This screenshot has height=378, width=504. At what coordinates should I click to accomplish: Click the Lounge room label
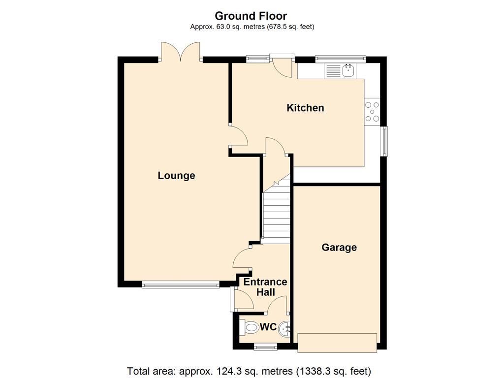pos(176,176)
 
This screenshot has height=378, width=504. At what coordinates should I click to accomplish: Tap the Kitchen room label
pos(305,108)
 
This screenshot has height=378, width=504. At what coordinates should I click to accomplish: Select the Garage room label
pos(339,248)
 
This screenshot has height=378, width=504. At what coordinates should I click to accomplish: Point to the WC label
pos(268,327)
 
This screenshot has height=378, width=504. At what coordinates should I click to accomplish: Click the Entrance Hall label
pos(265,287)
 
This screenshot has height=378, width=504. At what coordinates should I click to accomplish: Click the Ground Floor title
pos(252,16)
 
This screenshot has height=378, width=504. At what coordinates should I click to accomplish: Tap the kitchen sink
pos(348,70)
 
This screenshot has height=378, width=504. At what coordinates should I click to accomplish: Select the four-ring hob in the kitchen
pos(372,111)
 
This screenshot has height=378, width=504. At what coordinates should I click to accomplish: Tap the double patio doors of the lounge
pos(181,51)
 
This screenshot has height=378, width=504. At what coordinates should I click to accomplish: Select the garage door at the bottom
pos(338,343)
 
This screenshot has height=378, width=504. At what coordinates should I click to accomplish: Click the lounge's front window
pos(180,284)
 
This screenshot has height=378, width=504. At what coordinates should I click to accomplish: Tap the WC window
pos(265,347)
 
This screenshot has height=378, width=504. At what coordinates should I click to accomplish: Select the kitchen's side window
pos(385,141)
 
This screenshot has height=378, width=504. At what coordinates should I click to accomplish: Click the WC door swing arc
pos(277,304)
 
